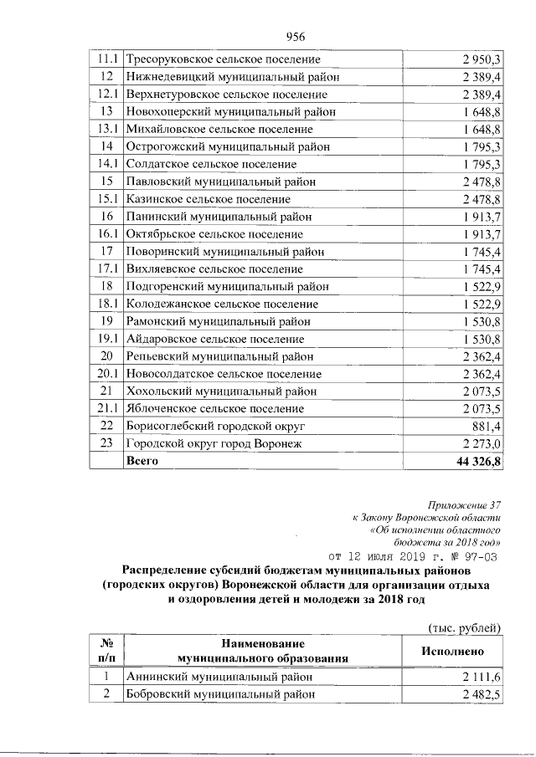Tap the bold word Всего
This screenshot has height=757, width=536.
tap(142, 461)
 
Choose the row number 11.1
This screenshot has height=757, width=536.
tap(106, 59)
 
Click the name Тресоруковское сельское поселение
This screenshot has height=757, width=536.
tap(222, 59)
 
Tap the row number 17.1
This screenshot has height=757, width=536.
tap(106, 269)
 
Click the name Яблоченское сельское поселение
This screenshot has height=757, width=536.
tap(214, 409)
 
